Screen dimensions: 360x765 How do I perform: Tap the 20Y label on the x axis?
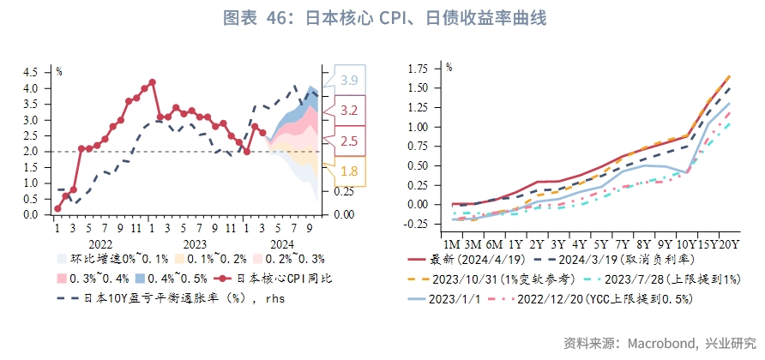pyautogui.click(x=730, y=245)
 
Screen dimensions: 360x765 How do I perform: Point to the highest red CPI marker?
pyautogui.click(x=152, y=82)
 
